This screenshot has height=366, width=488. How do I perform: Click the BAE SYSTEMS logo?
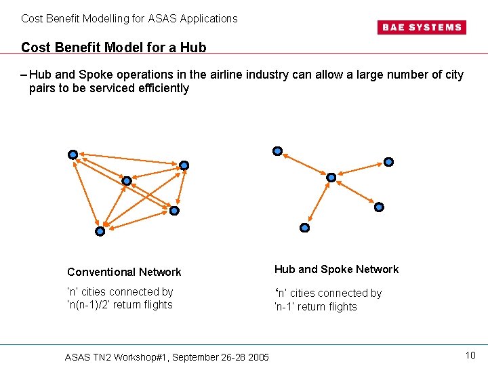[421, 27]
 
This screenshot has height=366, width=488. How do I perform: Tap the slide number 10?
[471, 355]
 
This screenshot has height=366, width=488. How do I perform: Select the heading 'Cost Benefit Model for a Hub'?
[114, 47]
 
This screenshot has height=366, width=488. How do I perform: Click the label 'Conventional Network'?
[124, 272]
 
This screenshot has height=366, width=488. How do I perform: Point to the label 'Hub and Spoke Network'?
[336, 269]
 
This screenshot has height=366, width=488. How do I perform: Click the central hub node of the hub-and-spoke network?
[331, 178]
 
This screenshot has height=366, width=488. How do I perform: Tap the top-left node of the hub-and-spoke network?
[277, 151]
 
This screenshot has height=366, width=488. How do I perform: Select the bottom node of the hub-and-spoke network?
[305, 228]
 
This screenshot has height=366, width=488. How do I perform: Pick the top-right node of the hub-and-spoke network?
[388, 162]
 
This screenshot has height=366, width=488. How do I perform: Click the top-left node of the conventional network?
[73, 155]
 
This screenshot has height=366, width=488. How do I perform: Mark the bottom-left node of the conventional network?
[100, 231]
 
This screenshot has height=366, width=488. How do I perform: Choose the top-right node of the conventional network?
[184, 165]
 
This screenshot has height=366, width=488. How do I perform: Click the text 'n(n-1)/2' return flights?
[120, 305]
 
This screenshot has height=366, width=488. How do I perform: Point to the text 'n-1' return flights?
[315, 307]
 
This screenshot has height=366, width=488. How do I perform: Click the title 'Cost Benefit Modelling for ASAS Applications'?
[129, 18]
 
